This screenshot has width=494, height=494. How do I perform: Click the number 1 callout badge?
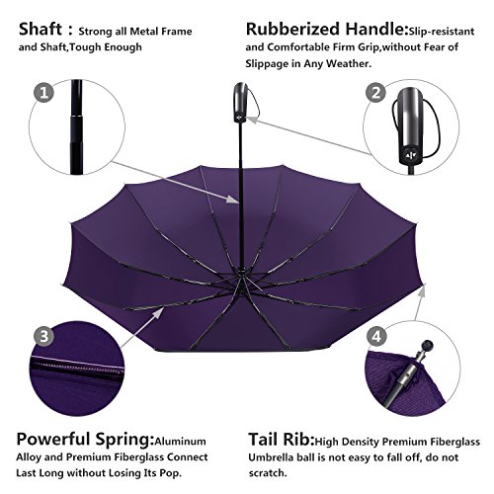pyautogui.click(x=44, y=92)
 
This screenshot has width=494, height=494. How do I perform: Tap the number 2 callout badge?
pyautogui.click(x=376, y=93)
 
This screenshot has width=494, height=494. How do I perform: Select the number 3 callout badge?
pyautogui.click(x=43, y=336)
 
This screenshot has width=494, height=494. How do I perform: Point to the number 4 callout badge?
pyautogui.click(x=376, y=337)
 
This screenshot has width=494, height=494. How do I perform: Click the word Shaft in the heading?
pyautogui.click(x=41, y=30)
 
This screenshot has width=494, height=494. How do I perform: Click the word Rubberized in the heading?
pyautogui.click(x=292, y=29)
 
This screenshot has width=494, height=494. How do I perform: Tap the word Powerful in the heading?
pyautogui.click(x=53, y=440)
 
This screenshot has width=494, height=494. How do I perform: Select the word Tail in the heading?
pyautogui.click(x=264, y=440)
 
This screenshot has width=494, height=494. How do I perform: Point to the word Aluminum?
pyautogui.click(x=180, y=442)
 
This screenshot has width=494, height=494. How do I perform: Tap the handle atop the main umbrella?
pyautogui.click(x=241, y=103)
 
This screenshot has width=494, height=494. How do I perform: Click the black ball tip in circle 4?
pyautogui.click(x=428, y=346)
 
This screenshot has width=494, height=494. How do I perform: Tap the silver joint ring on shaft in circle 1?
pyautogui.click(x=76, y=116)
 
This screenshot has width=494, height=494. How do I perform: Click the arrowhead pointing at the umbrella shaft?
pyautogui.click(x=233, y=200)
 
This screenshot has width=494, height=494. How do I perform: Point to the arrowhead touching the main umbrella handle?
pyautogui.click(x=251, y=119)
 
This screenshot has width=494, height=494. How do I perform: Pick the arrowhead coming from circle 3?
pyautogui.click(x=158, y=312)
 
